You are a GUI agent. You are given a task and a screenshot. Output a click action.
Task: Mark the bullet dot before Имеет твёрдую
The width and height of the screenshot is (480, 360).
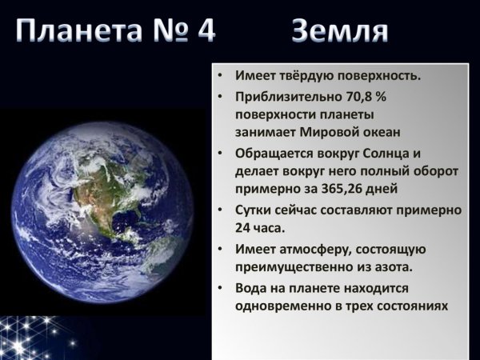point(221,77)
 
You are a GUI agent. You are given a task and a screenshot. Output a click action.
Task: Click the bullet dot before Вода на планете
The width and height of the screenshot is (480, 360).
point(221,288)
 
